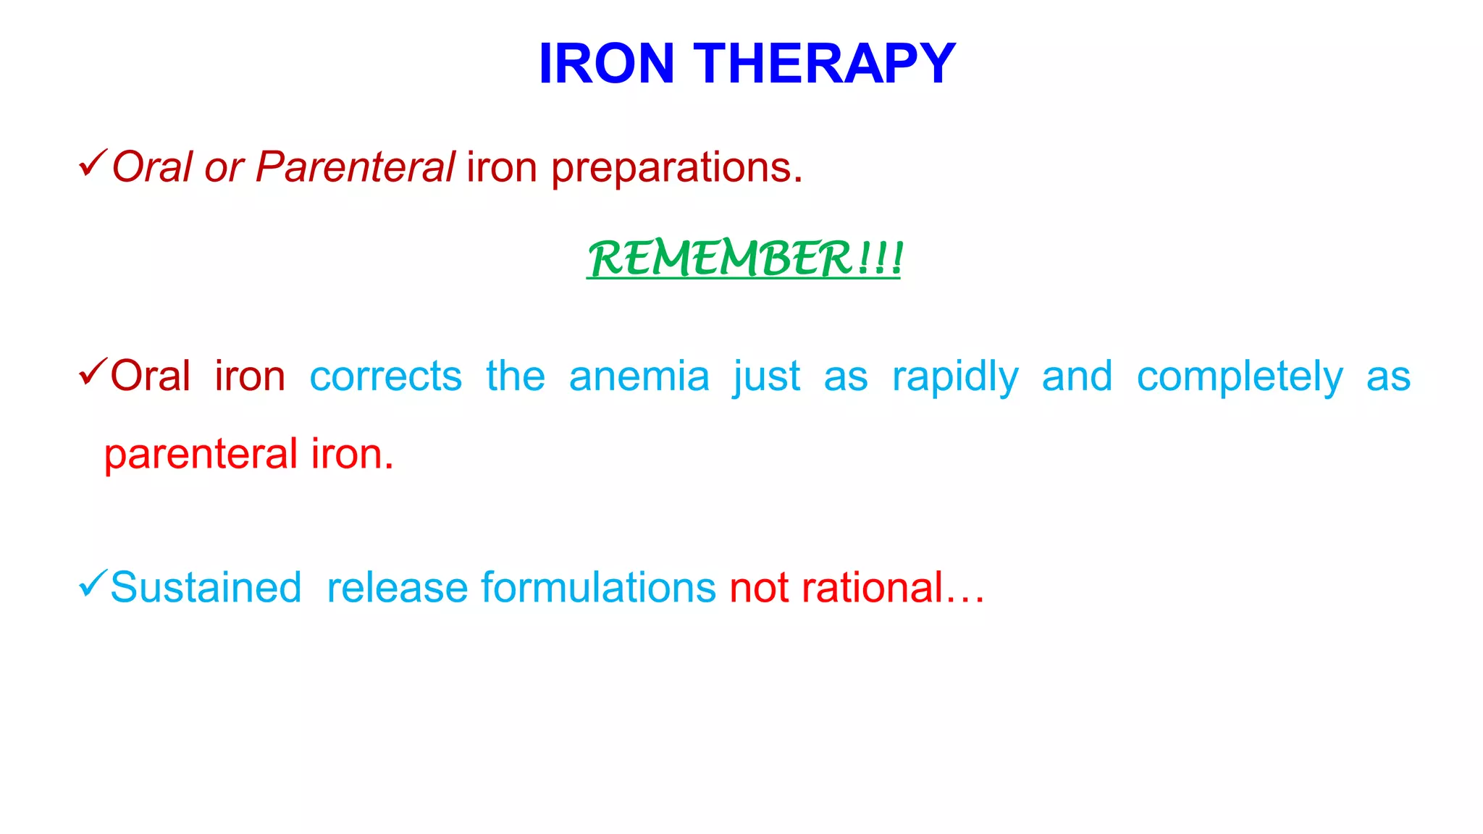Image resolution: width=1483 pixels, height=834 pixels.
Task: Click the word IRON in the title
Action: click(606, 64)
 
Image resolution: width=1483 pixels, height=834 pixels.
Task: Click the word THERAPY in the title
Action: click(825, 64)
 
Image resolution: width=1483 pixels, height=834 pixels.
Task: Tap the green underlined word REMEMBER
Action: click(720, 258)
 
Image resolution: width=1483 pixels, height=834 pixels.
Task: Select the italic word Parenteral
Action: click(355, 167)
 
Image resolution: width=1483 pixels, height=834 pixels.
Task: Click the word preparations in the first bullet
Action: click(676, 169)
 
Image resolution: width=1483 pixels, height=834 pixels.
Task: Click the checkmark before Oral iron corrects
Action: click(93, 372)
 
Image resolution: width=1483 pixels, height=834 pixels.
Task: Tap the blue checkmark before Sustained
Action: click(93, 583)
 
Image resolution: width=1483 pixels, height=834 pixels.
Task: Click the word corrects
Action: click(385, 377)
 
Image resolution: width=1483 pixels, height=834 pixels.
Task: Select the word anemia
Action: click(639, 377)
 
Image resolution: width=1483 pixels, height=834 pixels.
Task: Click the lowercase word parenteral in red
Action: click(201, 455)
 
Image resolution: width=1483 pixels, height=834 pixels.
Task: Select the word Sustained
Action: click(206, 587)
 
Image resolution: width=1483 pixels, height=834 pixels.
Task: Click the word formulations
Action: click(598, 587)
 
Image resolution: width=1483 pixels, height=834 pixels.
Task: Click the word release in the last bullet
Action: click(396, 587)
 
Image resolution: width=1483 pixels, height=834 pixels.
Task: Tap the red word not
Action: click(759, 587)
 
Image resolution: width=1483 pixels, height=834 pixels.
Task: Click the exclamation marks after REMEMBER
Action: click(881, 258)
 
